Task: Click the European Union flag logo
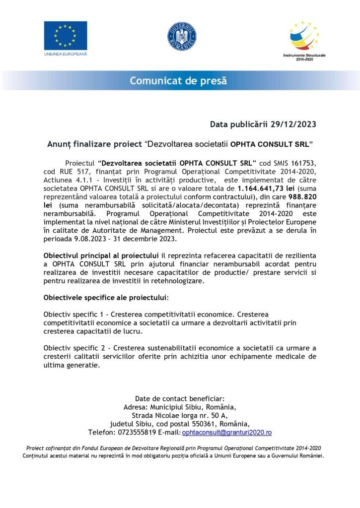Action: click(65, 35)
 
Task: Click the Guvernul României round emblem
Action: click(181, 37)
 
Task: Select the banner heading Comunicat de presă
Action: click(178, 80)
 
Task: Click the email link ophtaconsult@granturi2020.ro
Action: click(227, 433)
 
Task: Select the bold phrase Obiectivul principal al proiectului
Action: click(99, 255)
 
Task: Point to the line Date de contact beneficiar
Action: click(180, 398)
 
